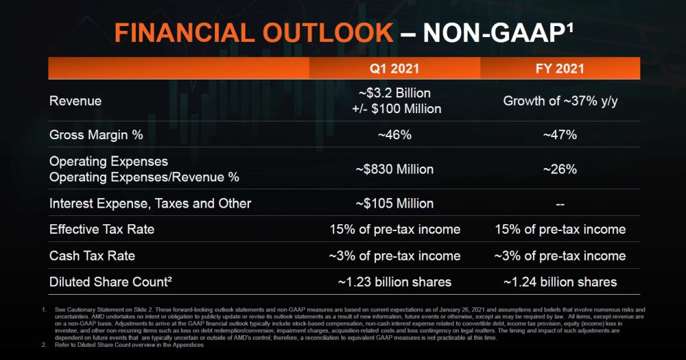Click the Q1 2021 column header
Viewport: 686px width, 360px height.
394,69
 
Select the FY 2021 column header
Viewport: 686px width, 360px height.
560,69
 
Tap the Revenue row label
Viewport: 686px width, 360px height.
75,101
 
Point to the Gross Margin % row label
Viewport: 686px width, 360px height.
96,135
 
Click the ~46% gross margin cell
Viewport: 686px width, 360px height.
394,135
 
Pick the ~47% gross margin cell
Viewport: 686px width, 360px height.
560,135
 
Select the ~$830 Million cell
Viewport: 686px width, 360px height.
394,169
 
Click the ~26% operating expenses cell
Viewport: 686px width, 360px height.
560,169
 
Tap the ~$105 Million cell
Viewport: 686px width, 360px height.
394,204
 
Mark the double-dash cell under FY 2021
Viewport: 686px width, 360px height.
560,204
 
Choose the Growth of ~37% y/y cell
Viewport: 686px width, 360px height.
560,101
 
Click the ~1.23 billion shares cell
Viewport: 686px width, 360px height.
394,282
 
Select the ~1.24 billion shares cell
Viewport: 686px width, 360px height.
560,282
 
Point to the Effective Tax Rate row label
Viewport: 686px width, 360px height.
102,230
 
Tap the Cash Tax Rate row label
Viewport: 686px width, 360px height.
92,256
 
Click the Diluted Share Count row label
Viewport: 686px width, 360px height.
108,282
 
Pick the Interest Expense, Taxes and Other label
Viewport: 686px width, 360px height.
150,204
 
